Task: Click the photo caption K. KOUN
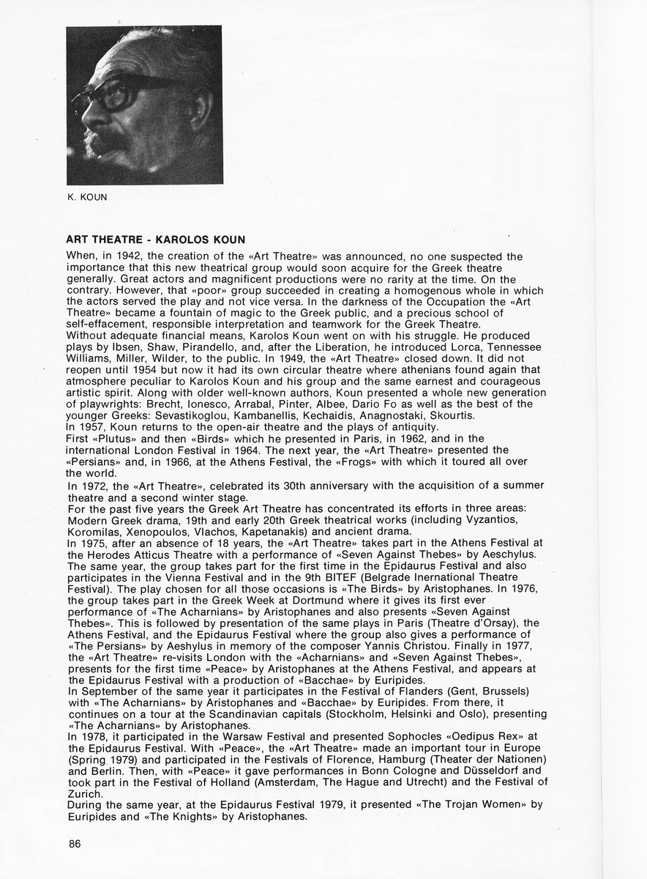point(87,196)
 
